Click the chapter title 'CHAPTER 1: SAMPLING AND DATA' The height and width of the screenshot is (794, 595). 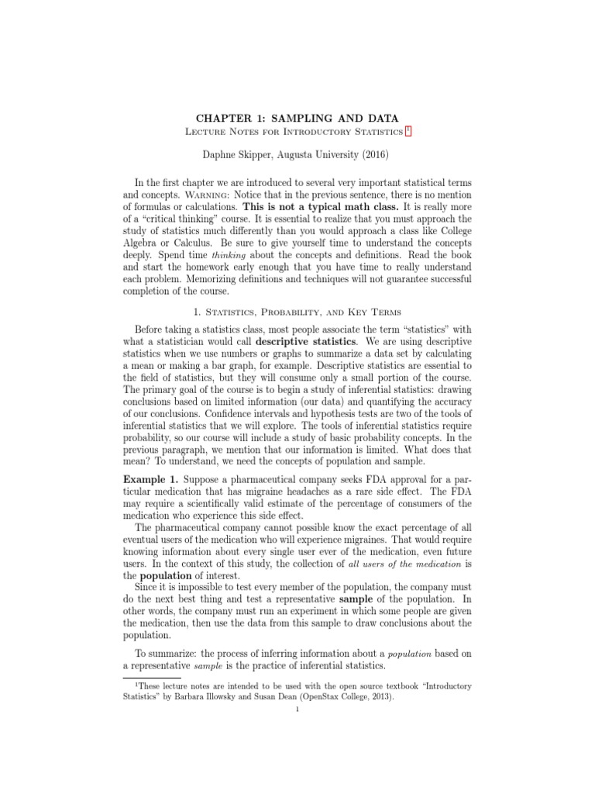point(297,119)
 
